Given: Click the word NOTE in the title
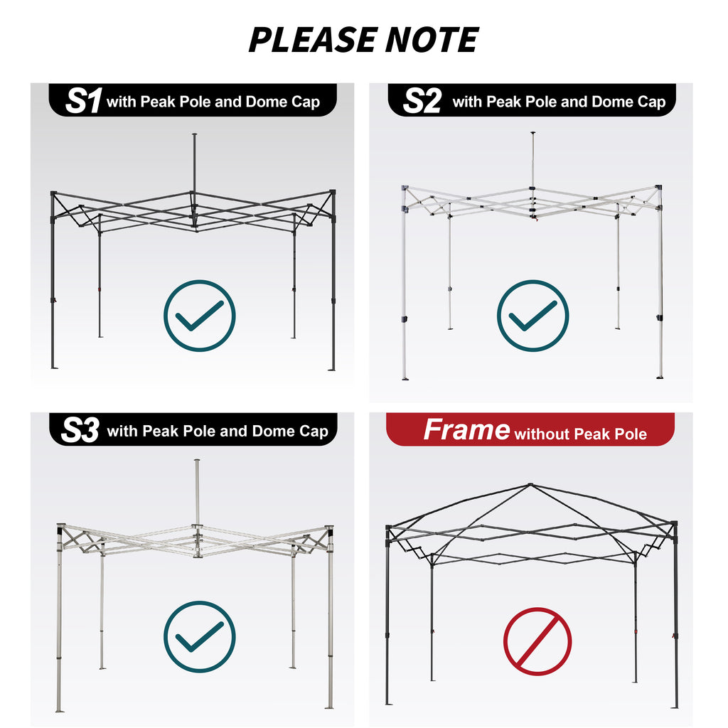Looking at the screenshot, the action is point(432,40).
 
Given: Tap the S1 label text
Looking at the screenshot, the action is point(84,101).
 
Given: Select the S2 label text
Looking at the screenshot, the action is point(422,101).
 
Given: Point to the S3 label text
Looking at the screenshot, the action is point(80,430).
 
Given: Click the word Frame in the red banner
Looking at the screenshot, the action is point(466,429).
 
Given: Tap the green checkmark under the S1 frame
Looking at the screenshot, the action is point(200,316).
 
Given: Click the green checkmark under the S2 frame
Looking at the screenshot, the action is point(533,316).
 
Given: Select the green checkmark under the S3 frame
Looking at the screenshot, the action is point(200,636).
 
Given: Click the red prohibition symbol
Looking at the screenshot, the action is point(537,641).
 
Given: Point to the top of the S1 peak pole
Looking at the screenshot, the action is point(195,134).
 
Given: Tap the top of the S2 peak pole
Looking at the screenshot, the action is point(533,133).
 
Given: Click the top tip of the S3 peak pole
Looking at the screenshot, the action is point(198,461).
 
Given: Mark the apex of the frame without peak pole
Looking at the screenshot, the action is point(530,485).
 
